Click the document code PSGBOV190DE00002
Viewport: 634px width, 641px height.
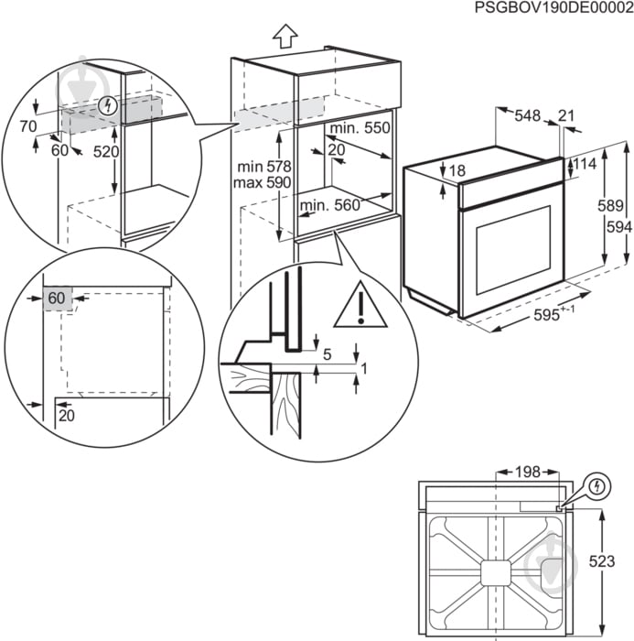[x=553, y=8]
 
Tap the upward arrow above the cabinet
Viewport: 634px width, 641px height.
[x=285, y=37]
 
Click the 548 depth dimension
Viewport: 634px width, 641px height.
[x=527, y=115]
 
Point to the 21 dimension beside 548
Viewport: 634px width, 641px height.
[x=566, y=115]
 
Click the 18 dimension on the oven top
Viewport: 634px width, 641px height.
[x=457, y=170]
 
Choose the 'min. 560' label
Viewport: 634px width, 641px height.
[x=330, y=206]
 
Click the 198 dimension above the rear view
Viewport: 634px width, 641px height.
[x=527, y=473]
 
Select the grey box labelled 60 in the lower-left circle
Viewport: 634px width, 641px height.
[x=57, y=298]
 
